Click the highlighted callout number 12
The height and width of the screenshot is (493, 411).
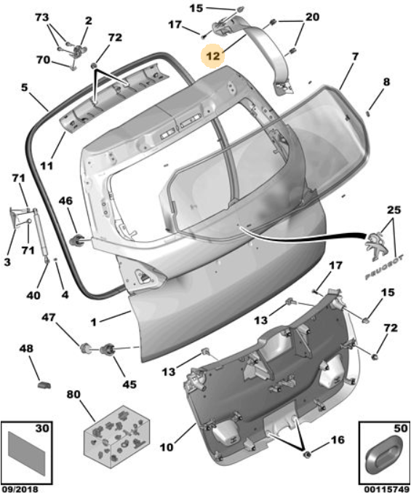(213, 56)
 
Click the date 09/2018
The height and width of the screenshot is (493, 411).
(20, 489)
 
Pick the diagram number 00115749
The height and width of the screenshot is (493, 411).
(386, 489)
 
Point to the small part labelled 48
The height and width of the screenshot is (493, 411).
(44, 384)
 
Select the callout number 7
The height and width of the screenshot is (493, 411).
(355, 57)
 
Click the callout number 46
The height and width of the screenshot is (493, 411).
(65, 200)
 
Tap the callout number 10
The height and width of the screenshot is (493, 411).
(167, 446)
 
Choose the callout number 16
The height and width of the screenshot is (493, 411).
(338, 440)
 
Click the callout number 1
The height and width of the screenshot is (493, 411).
(93, 322)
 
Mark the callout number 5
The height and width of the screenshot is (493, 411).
(25, 87)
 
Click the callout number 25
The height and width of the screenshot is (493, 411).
(394, 210)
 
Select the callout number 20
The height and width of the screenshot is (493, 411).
(312, 17)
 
